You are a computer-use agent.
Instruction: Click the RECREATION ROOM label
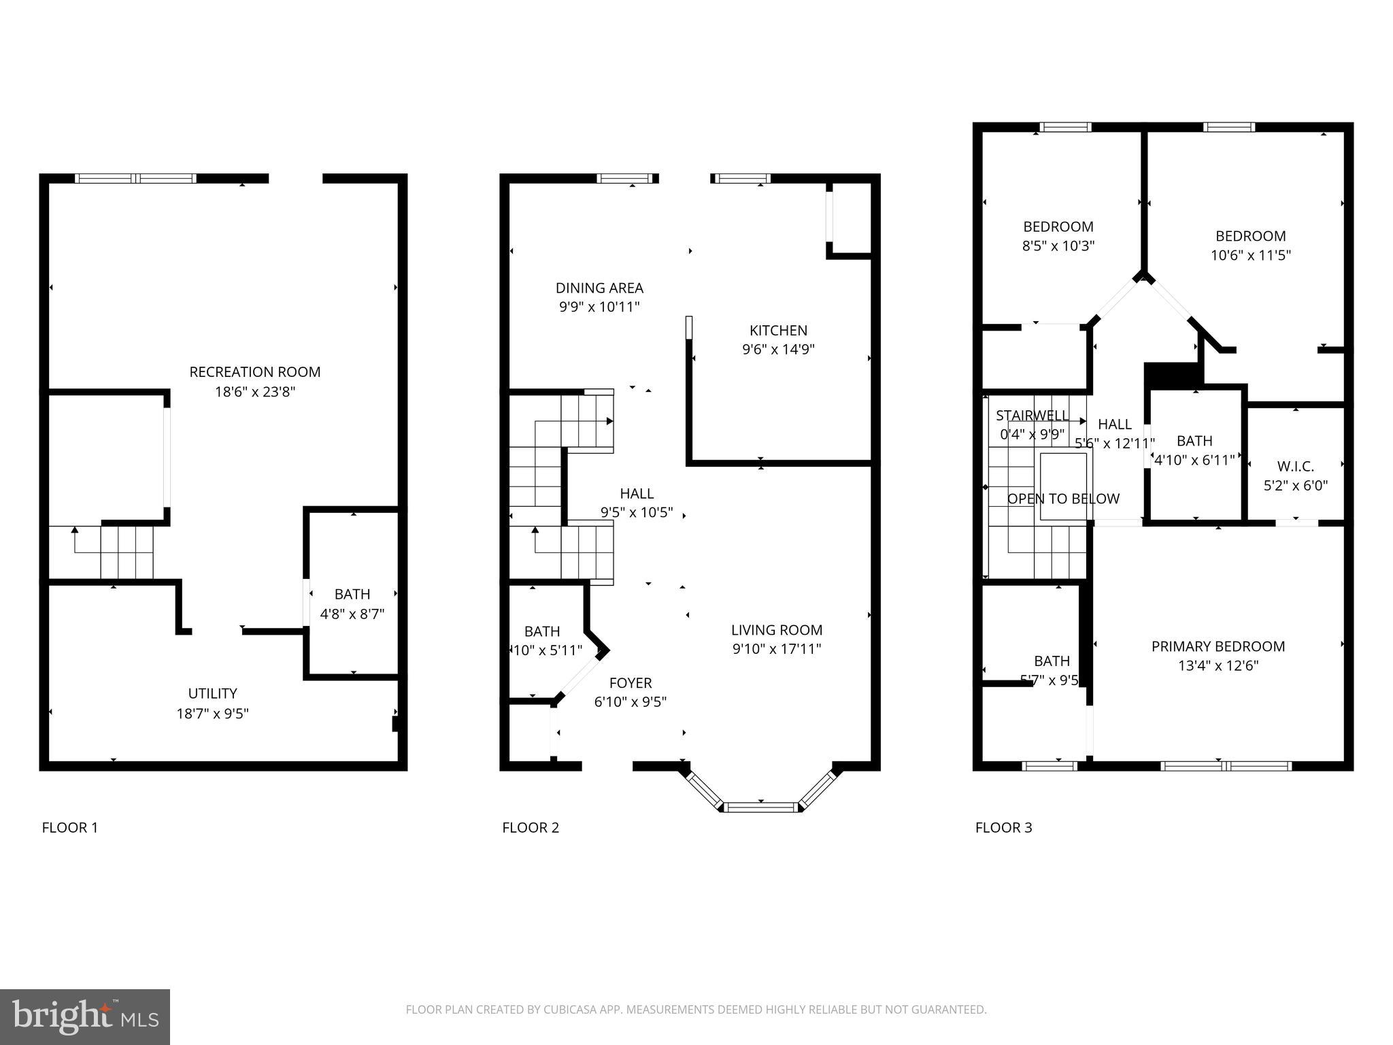(x=254, y=372)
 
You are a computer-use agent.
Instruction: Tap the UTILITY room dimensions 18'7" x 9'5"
(x=212, y=714)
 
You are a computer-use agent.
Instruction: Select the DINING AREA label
(x=599, y=288)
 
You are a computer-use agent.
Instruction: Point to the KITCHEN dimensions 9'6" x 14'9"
(x=778, y=350)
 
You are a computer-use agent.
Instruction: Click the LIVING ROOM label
(x=777, y=630)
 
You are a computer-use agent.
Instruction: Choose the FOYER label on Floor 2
(x=631, y=683)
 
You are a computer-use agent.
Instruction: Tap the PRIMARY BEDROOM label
(x=1218, y=646)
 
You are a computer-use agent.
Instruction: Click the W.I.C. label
(x=1295, y=467)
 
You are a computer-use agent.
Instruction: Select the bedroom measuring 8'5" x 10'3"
(x=1058, y=236)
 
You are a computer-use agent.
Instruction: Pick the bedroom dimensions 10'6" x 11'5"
(x=1250, y=255)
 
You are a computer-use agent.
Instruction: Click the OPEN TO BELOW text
(x=1063, y=499)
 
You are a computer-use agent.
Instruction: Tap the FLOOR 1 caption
(x=70, y=828)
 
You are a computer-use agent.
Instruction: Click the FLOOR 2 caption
(x=531, y=828)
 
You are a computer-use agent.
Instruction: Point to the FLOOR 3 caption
(x=1003, y=828)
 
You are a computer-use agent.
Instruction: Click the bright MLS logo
(x=85, y=1016)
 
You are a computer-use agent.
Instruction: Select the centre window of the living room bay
(x=760, y=808)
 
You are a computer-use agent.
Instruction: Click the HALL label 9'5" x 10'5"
(x=637, y=503)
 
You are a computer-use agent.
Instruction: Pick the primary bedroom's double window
(x=1226, y=766)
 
